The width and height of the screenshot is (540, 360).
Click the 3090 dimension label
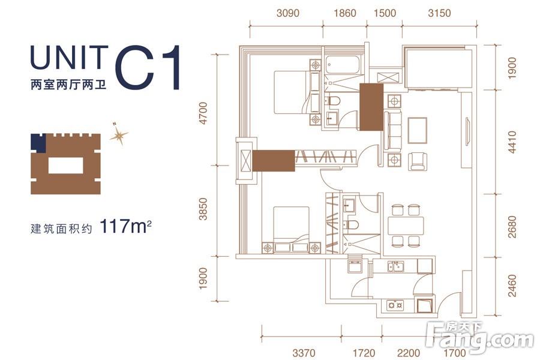[288, 13]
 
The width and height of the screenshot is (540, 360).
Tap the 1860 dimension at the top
[345, 13]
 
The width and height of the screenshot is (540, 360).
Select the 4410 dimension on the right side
[512, 142]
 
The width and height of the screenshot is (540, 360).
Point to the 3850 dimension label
[203, 209]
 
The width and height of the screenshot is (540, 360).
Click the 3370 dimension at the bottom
[304, 353]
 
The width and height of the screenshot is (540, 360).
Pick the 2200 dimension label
[409, 353]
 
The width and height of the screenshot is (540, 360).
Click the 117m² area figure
[126, 226]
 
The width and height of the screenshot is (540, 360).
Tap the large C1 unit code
[148, 68]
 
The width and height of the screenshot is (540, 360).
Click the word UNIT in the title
[69, 57]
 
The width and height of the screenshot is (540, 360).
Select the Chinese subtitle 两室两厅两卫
[68, 85]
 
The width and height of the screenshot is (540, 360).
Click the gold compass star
[119, 134]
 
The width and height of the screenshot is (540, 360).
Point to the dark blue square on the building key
[38, 143]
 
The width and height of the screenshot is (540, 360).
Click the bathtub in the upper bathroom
[343, 65]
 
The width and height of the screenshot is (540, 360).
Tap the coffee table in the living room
[418, 130]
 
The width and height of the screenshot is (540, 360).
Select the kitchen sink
[396, 266]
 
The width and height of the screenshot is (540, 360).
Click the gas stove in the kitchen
[395, 305]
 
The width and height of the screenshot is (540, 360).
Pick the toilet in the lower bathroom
[351, 224]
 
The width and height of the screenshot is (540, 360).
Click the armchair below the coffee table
[418, 162]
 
